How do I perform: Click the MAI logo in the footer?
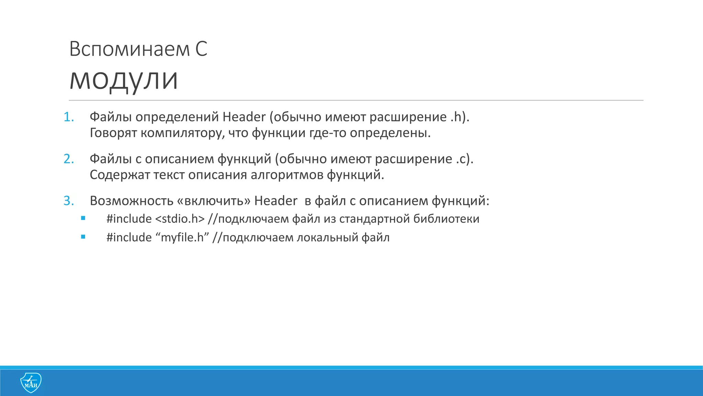click(31, 383)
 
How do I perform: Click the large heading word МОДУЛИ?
click(124, 80)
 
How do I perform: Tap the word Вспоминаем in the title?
click(129, 49)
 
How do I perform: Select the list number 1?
click(69, 117)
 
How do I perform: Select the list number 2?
click(69, 159)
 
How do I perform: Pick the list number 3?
click(69, 201)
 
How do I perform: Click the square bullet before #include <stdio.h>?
click(83, 218)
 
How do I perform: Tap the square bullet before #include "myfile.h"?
click(83, 236)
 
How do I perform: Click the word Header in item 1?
click(244, 117)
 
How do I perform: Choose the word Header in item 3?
click(276, 201)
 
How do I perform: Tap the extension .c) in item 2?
click(465, 159)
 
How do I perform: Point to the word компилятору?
click(183, 133)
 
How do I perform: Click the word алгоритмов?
click(287, 175)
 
